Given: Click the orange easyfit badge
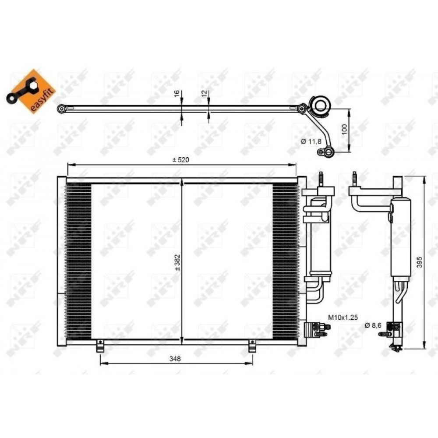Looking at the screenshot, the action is tap(31, 91).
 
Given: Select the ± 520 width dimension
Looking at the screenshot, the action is tap(181, 160).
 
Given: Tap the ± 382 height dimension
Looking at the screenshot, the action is tap(178, 262).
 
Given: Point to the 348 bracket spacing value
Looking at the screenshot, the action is tap(175, 358).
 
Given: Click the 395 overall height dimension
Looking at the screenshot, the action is tap(420, 262).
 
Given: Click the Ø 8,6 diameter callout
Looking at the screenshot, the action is tap(373, 325).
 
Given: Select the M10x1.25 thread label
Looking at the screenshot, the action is tap(343, 317).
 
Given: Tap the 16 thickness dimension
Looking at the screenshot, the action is tap(177, 94).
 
